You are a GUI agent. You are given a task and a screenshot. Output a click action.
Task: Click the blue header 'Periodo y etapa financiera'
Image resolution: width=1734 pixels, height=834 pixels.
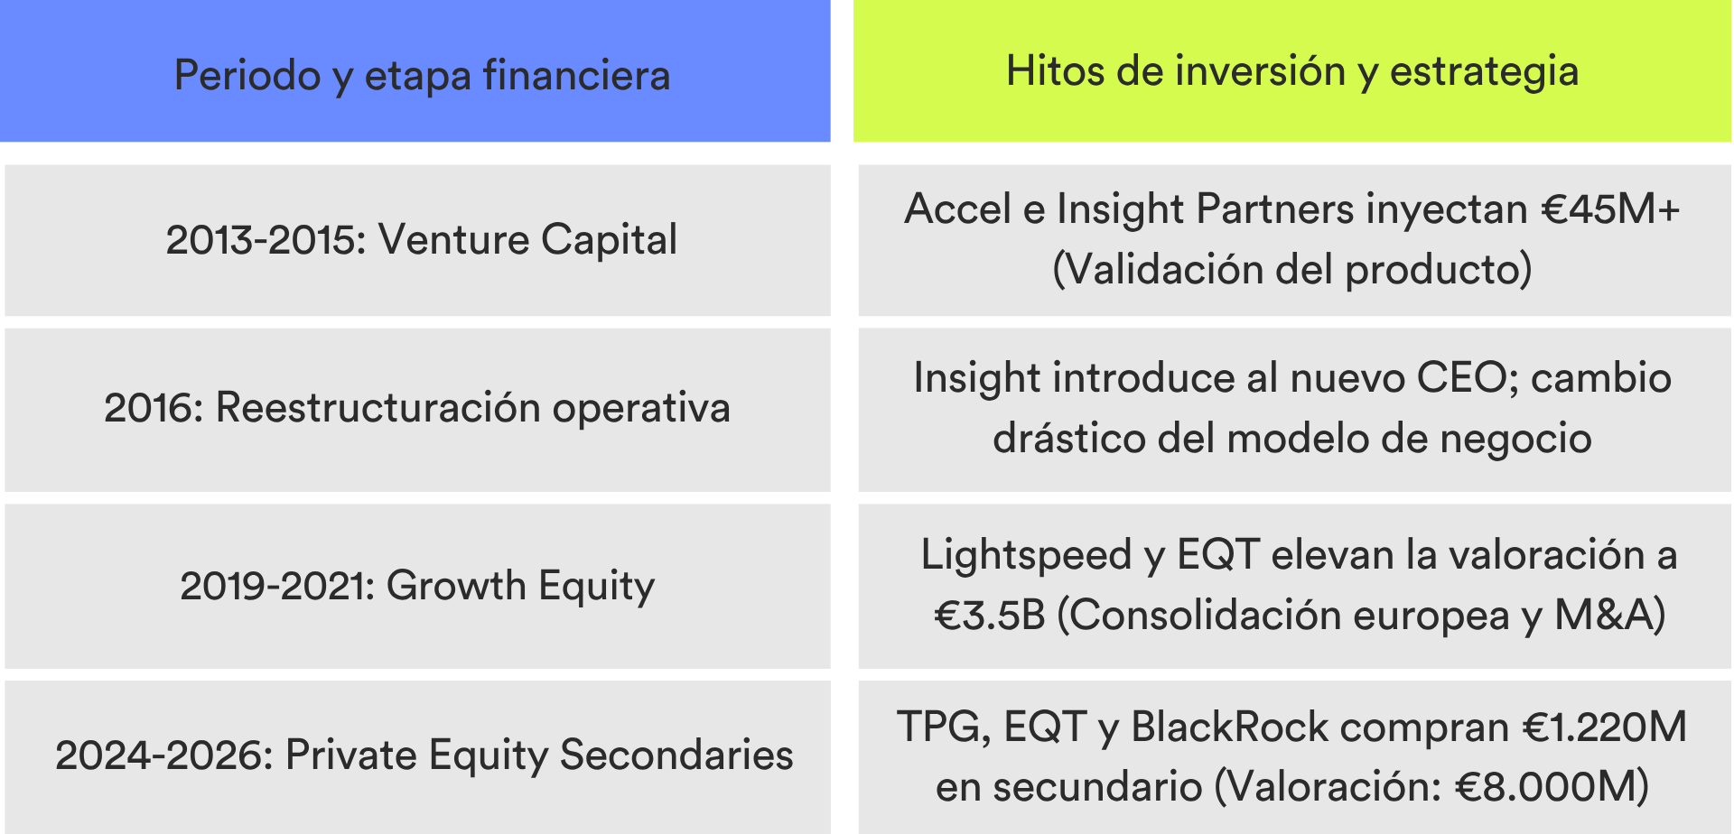(x=415, y=71)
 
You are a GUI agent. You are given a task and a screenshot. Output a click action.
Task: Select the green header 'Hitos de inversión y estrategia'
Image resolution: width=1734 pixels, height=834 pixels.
(x=1292, y=70)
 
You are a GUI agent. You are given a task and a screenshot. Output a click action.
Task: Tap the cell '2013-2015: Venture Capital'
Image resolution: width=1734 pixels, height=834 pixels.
(x=417, y=240)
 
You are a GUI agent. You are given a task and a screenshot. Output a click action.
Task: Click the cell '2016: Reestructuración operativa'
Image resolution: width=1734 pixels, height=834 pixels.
(x=417, y=409)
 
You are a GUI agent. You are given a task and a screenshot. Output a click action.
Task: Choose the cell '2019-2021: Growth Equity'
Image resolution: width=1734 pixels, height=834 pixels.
(x=417, y=586)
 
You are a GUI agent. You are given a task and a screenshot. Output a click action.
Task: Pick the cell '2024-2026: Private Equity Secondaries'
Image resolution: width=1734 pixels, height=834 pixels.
(x=417, y=756)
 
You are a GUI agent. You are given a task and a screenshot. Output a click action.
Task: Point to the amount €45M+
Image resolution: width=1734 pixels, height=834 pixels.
(x=1610, y=209)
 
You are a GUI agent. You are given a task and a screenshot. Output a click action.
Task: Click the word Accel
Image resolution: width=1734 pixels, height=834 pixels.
(x=957, y=209)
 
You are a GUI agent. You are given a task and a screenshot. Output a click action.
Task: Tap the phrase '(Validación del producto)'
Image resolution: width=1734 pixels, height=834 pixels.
(x=1292, y=270)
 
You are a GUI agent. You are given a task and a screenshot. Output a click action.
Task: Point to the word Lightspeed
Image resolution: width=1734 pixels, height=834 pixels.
(x=1026, y=556)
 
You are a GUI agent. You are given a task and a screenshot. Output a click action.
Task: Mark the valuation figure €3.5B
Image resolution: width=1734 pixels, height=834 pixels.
(x=990, y=616)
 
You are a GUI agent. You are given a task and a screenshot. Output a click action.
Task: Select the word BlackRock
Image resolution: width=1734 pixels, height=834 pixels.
(x=1230, y=727)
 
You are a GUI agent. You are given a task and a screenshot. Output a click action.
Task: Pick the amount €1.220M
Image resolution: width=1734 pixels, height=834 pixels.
(x=1605, y=727)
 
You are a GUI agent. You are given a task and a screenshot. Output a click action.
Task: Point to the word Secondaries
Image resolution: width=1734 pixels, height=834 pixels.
(x=676, y=755)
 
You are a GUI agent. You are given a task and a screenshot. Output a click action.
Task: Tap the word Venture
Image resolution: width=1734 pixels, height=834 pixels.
(x=453, y=240)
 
